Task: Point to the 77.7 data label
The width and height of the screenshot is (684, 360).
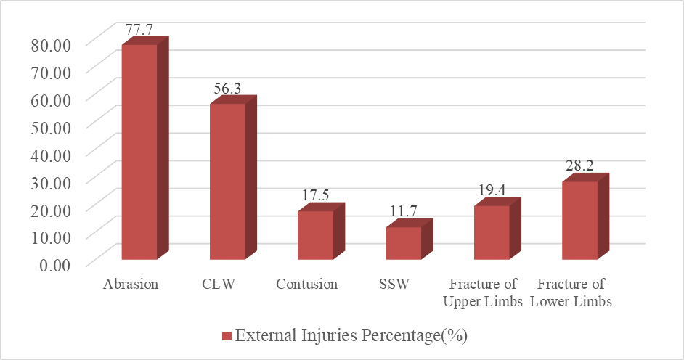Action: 139,30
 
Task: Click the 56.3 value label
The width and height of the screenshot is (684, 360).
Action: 227,89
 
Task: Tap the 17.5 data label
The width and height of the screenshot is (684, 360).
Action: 315,195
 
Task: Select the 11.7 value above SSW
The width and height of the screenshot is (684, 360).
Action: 404,211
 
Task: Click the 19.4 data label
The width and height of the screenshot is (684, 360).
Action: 492,190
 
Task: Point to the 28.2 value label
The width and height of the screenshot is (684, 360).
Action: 579,166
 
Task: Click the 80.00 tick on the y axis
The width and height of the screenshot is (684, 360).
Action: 51,45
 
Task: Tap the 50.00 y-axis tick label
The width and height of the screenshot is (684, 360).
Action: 51,128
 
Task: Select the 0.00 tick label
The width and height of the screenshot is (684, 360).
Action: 55,265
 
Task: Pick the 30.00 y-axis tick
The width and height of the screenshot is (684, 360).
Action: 51,183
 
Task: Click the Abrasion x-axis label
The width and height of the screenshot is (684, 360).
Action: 131,285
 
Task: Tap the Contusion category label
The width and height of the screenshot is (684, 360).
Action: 306,285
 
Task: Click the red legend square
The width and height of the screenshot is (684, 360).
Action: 227,336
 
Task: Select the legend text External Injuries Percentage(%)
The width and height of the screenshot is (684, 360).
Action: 351,336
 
